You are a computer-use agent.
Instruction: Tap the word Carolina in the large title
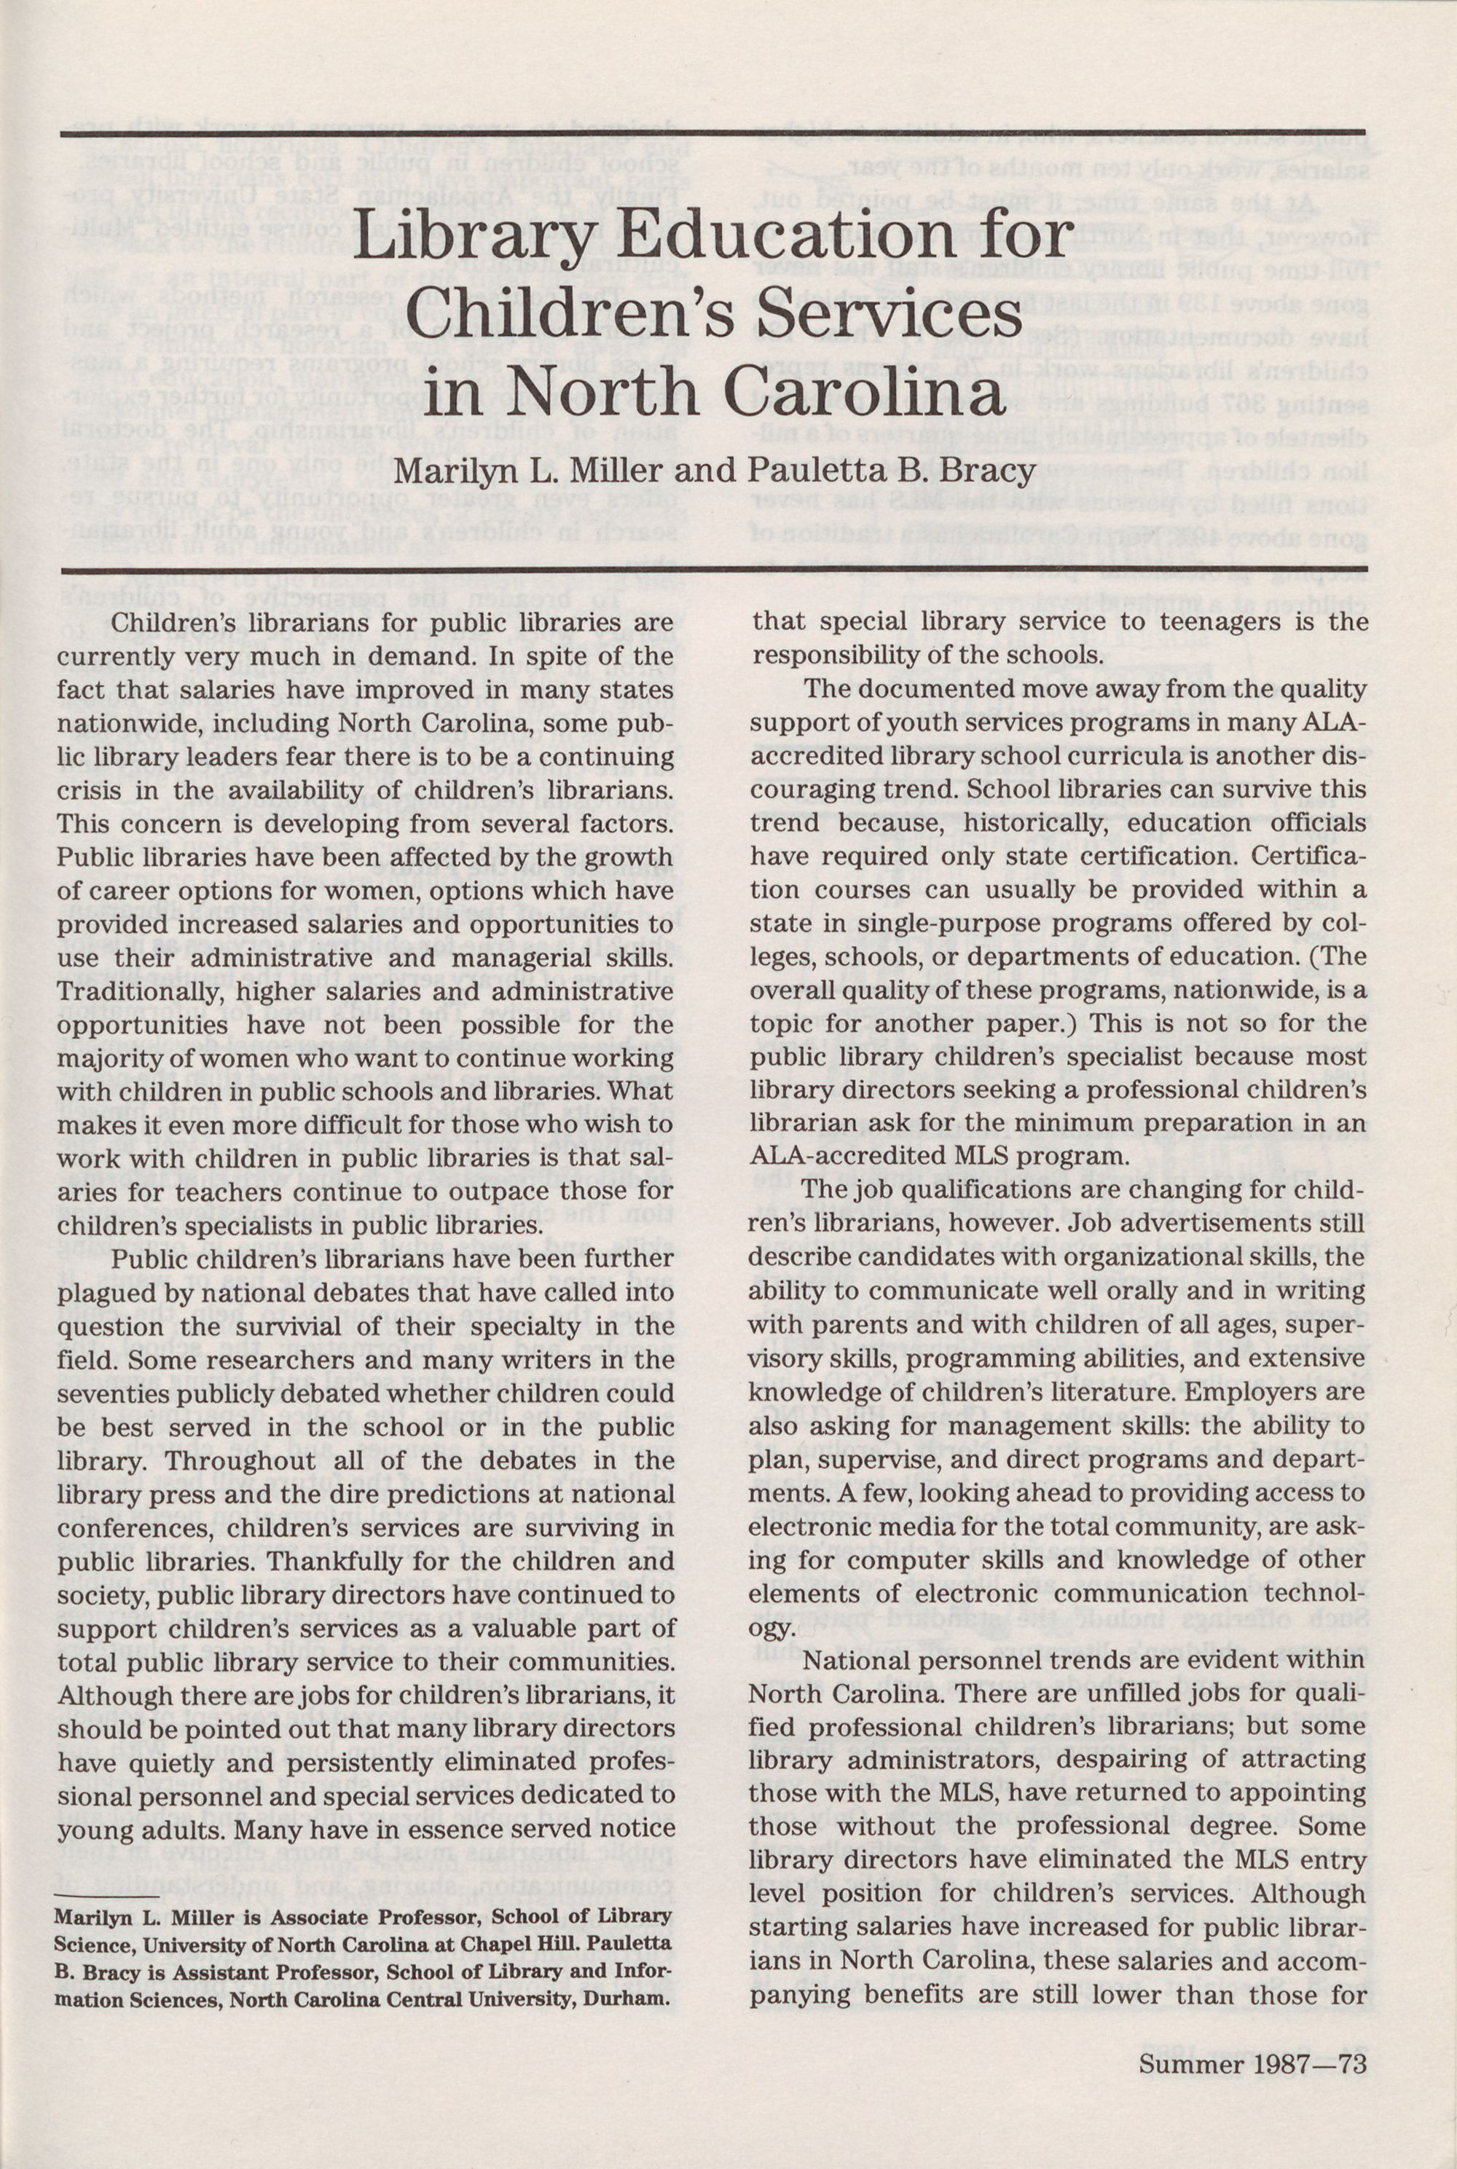click(x=866, y=392)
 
